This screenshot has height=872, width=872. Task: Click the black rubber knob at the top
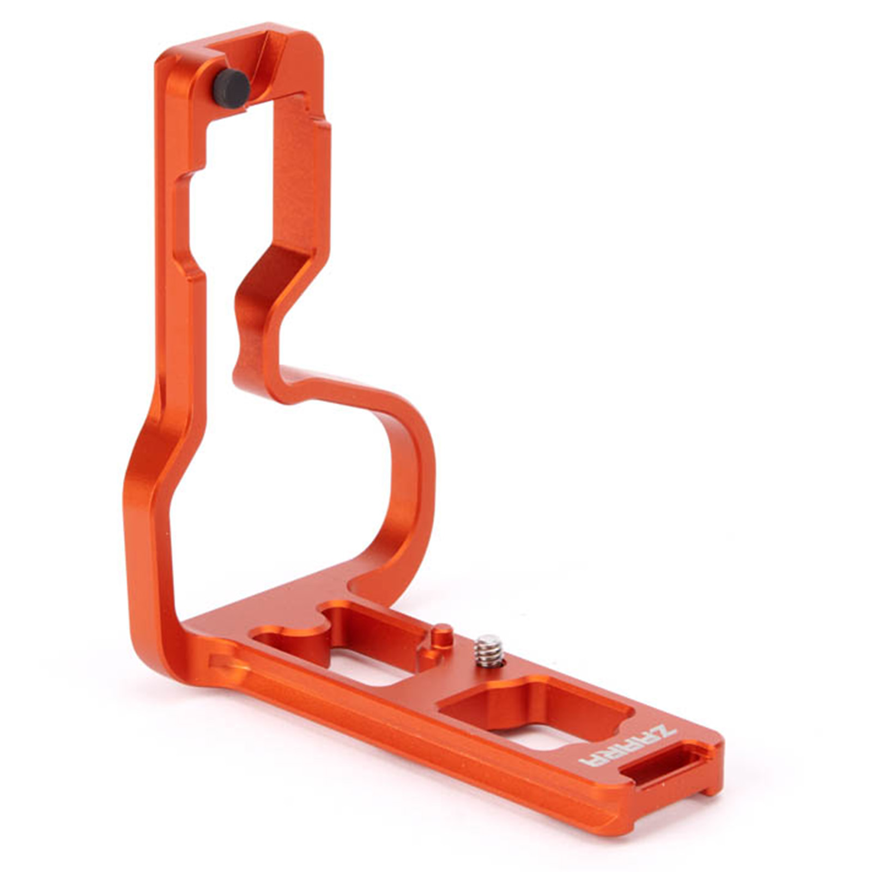tap(231, 88)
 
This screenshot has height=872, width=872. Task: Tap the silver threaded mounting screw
tap(488, 650)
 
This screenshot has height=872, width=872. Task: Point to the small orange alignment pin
tap(443, 637)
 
